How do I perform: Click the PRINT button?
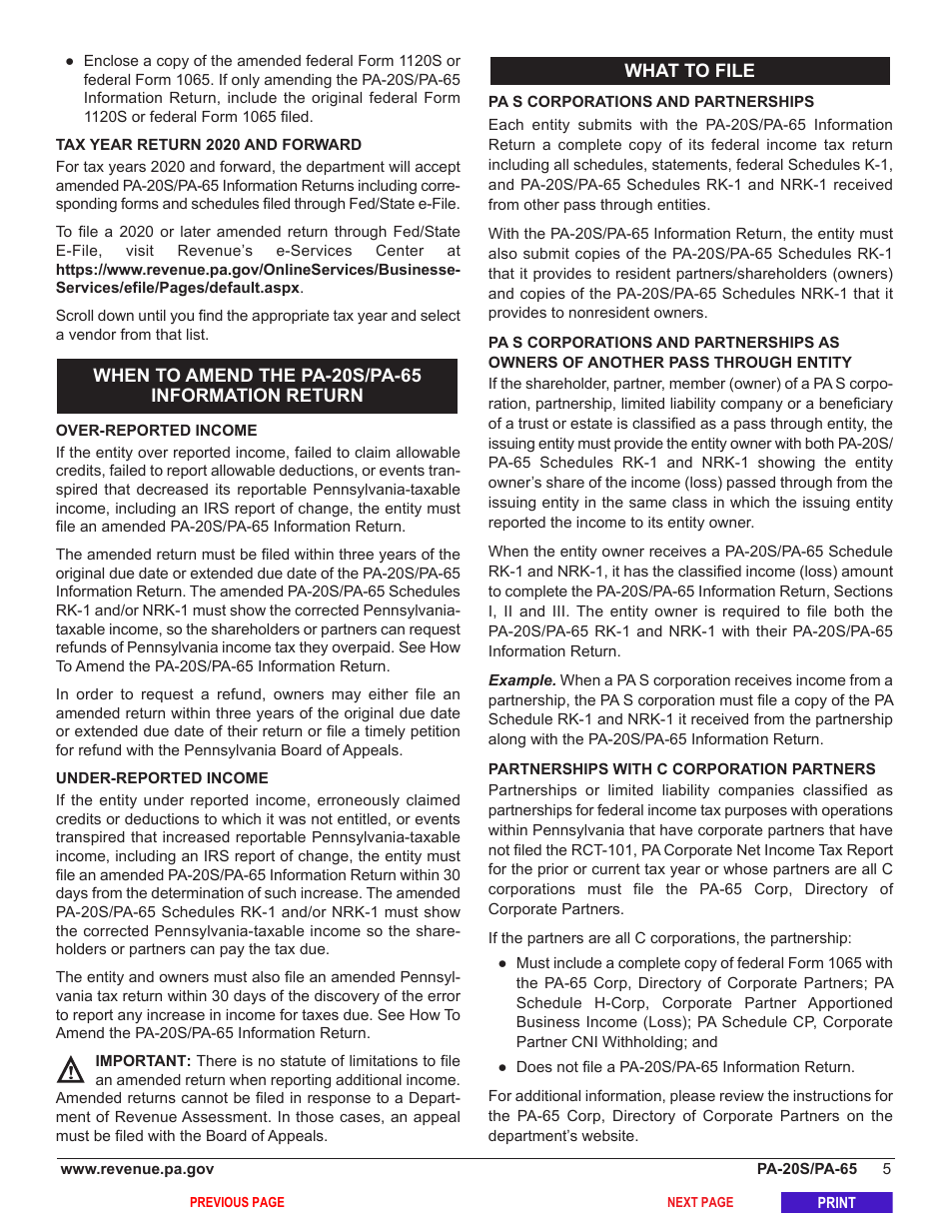836,1203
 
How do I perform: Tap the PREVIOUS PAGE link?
237,1203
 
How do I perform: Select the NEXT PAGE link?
699,1203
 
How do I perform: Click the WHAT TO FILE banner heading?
689,71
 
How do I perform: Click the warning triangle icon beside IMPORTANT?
70,1071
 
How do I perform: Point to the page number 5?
886,1169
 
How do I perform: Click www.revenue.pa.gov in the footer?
137,1169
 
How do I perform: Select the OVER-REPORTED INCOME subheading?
156,431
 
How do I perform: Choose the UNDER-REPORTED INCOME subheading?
162,778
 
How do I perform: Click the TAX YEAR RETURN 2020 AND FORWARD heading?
208,145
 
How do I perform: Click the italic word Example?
521,680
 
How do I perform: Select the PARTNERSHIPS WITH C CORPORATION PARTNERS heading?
681,769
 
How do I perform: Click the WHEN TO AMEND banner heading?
257,386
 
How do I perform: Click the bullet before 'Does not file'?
502,1068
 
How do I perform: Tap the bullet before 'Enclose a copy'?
70,61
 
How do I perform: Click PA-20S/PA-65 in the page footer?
806,1169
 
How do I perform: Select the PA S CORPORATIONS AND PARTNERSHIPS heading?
650,102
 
